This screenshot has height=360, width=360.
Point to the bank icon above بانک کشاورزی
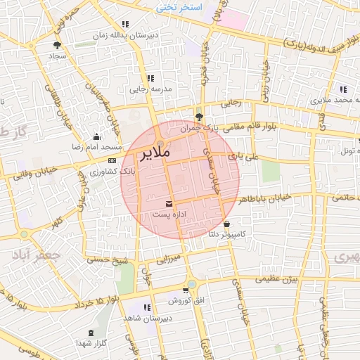pyautogui.click(x=112, y=161)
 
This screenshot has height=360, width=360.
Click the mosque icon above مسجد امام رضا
pyautogui.click(x=96, y=137)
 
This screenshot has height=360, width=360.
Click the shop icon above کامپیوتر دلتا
pyautogui.click(x=226, y=224)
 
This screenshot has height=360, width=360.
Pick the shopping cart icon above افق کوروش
pyautogui.click(x=185, y=290)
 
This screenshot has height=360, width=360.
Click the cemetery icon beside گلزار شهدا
pyautogui.click(x=91, y=333)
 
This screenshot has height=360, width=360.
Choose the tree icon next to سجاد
pyautogui.click(x=57, y=45)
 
